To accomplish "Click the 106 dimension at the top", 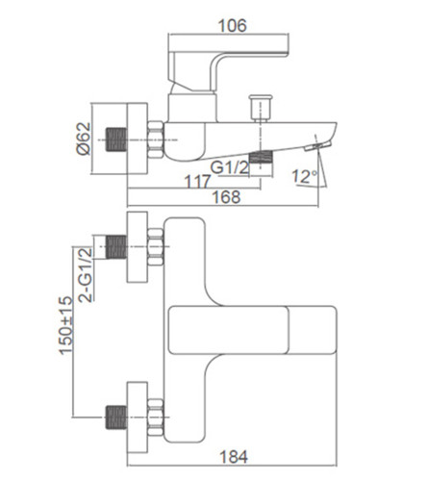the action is (x=233, y=26).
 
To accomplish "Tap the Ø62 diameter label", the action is (x=84, y=139).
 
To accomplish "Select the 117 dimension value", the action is (x=198, y=182).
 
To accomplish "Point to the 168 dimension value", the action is (x=226, y=197).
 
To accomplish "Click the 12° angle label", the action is (x=304, y=177).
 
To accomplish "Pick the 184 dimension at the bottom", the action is (x=234, y=457).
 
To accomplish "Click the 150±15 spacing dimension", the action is (x=65, y=325).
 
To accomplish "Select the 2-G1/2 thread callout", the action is (x=85, y=275).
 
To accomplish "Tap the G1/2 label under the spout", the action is (x=230, y=167).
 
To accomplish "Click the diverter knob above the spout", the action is (x=261, y=108).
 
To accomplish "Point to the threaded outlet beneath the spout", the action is (x=261, y=157).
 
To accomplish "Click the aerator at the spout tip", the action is (x=317, y=146).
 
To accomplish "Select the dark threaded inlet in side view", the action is (x=116, y=139).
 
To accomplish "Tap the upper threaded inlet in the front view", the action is (x=116, y=246).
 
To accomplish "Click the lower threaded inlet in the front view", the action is (x=116, y=418).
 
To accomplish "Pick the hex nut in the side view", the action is (x=156, y=139).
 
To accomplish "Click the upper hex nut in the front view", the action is (x=156, y=247).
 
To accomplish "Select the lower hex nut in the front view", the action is (x=156, y=418).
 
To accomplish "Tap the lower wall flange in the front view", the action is (x=138, y=418).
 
